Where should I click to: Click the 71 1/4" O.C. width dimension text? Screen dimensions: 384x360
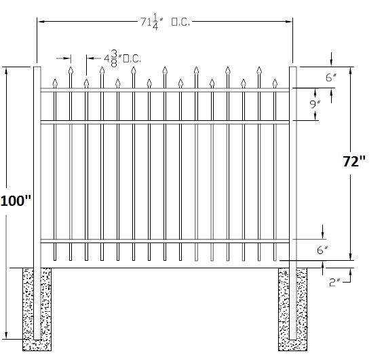coord(165,22)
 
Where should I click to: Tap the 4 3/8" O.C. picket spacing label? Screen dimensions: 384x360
coord(122,58)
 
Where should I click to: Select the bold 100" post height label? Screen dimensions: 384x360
coord(16,200)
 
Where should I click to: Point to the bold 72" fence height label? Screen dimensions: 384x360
coord(354,161)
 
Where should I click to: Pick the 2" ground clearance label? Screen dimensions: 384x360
coord(334,283)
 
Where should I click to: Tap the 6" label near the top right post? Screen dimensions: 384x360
coord(331,77)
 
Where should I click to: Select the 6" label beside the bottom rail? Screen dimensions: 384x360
coord(322,250)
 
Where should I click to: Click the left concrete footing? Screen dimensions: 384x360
coord(37,310)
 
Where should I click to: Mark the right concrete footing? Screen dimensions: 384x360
coord(292,310)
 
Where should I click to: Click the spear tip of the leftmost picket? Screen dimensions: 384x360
coord(55,79)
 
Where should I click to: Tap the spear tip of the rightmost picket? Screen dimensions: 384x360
coord(275,79)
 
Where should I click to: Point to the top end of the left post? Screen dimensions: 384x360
coord(37,67)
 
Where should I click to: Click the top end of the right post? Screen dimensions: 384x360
coord(293,67)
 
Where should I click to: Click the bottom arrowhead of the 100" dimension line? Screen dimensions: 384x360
coord(6,336)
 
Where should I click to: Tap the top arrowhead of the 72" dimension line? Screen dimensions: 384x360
coord(351,71)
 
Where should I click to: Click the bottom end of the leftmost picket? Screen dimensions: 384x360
coord(55,260)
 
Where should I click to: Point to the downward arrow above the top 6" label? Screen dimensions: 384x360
coord(331,59)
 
